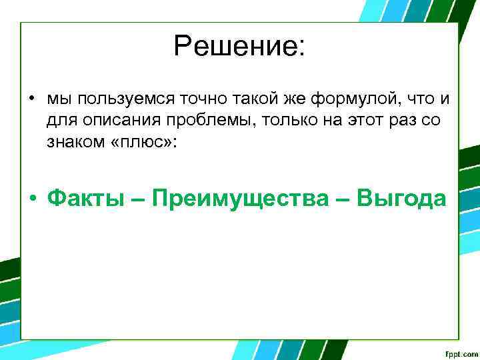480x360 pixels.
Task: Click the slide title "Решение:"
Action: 239,47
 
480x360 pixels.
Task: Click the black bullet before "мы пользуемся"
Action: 32,100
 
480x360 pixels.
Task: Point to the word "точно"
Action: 190,99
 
